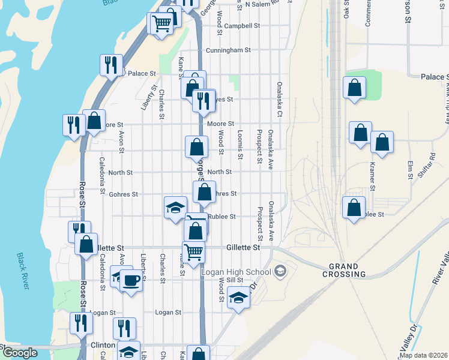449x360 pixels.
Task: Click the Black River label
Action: tap(22, 271)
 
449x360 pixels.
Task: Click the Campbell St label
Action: tap(241, 26)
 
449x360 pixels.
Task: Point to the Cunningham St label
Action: tap(228, 51)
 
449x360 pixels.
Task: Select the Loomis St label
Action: tap(240, 146)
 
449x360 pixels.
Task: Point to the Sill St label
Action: tap(235, 280)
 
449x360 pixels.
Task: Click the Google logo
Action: tap(20, 353)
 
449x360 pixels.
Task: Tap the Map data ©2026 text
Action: tap(423, 355)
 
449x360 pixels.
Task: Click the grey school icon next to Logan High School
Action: tap(279, 272)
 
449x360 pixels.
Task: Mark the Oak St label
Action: tap(346, 9)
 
